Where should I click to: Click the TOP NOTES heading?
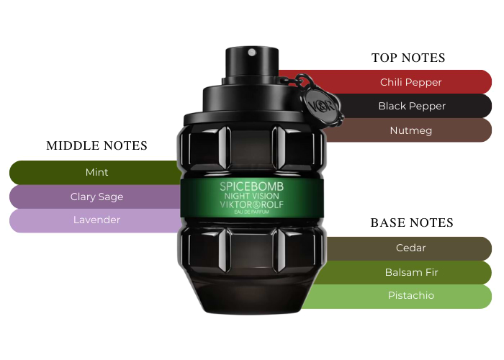tap(408, 58)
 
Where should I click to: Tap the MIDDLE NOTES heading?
tap(96, 145)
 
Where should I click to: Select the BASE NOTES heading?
tap(412, 222)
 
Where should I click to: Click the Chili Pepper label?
tap(411, 82)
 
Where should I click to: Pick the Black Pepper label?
tap(412, 106)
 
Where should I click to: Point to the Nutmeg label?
tap(411, 130)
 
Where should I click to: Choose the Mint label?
tap(96, 172)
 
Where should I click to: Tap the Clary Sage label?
tap(96, 197)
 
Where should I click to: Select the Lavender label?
tap(96, 220)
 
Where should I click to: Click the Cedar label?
tap(411, 248)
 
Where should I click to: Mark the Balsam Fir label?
tap(411, 272)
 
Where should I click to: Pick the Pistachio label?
tap(411, 295)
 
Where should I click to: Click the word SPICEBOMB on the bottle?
tap(252, 186)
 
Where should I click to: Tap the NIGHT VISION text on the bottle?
tap(252, 196)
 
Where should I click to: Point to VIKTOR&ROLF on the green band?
tap(252, 204)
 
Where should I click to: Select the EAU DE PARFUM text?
tap(252, 212)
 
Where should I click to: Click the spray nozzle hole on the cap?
tap(252, 52)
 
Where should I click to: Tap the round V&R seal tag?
tap(323, 105)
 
